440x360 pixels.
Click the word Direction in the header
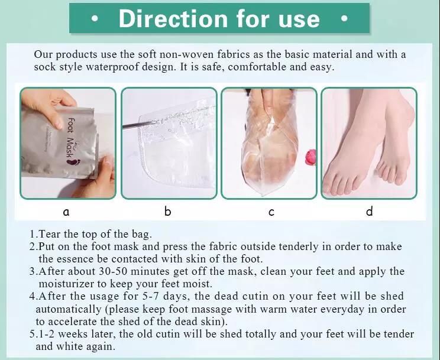tap(173, 18)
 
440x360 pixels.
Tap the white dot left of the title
tap(95, 19)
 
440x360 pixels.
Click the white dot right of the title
tap(344, 19)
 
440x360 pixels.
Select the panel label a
tap(66, 212)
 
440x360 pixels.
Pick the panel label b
tap(167, 210)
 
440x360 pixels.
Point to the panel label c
tap(271, 212)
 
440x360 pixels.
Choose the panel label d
tap(370, 210)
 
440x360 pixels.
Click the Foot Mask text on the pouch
tap(70, 137)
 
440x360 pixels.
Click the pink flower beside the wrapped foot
tap(311, 157)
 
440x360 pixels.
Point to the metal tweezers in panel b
tap(140, 124)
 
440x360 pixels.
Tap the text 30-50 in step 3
tap(114, 271)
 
